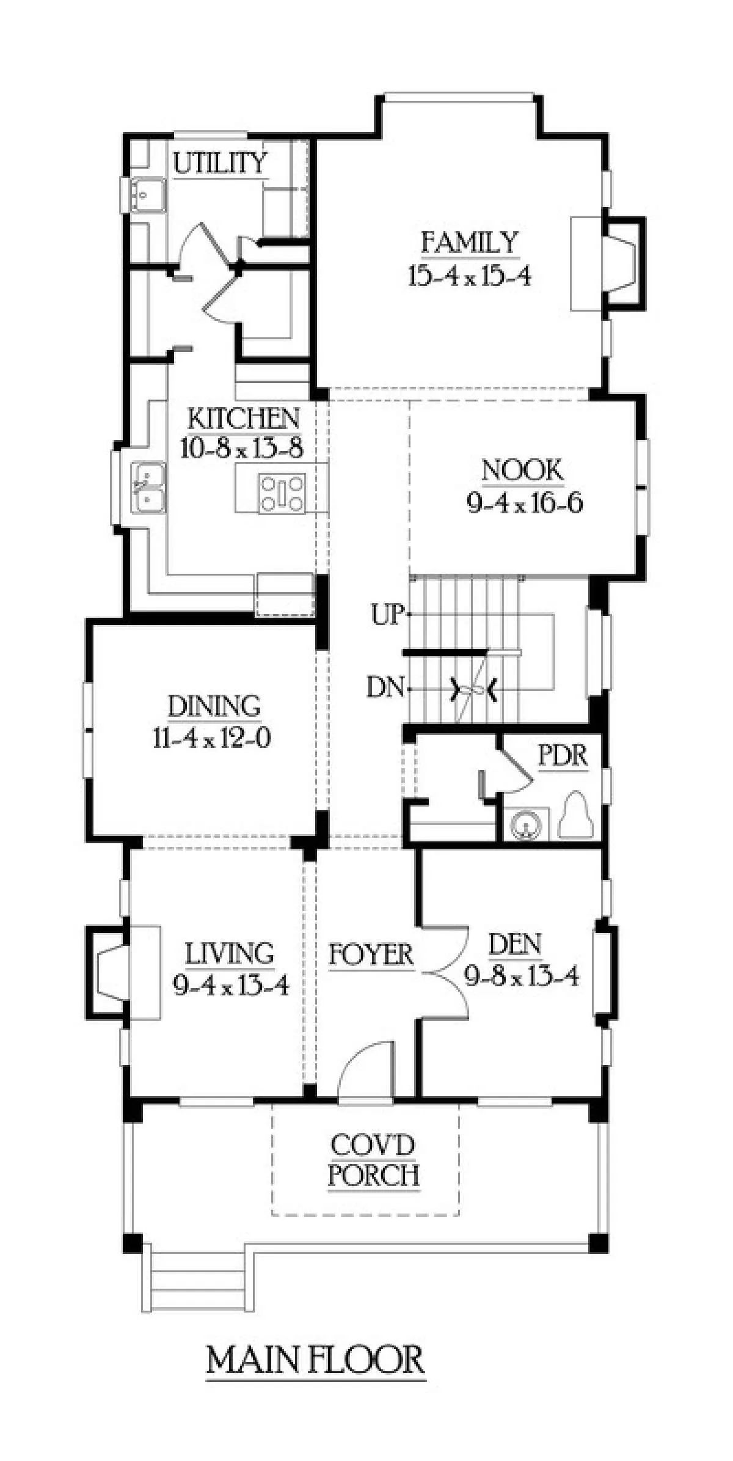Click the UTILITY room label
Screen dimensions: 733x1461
pyautogui.click(x=221, y=163)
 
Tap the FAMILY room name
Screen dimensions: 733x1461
pyautogui.click(x=470, y=243)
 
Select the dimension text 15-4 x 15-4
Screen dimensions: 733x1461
pyautogui.click(x=470, y=276)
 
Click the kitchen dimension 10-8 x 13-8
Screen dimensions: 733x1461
pyautogui.click(x=243, y=450)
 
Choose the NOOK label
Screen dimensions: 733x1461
pyautogui.click(x=522, y=471)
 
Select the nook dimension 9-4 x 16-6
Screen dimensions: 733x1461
pyautogui.click(x=525, y=503)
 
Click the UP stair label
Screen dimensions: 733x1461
pyautogui.click(x=387, y=615)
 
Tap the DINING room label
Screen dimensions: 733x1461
pyautogui.click(x=214, y=706)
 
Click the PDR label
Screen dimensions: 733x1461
pyautogui.click(x=563, y=756)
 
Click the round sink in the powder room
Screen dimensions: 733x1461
pyautogui.click(x=527, y=824)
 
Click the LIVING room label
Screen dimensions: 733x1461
pyautogui.click(x=230, y=954)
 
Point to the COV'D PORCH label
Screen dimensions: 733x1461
pyautogui.click(x=374, y=1160)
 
